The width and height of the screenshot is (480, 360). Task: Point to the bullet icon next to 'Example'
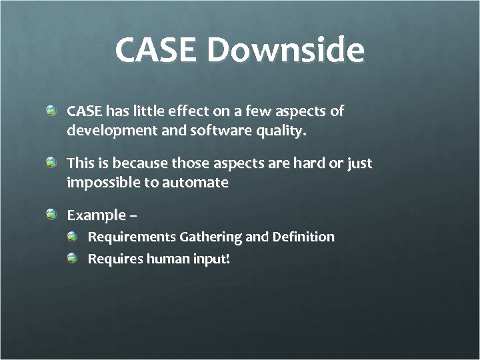[x=51, y=213]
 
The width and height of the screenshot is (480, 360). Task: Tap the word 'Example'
[x=96, y=215]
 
